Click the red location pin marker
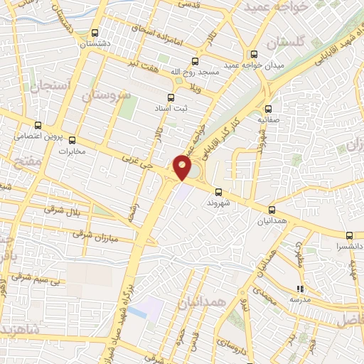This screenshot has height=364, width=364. point(183,166)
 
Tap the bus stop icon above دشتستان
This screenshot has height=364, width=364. point(95,33)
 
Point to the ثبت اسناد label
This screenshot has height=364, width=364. point(170,108)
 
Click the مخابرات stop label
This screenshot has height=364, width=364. point(71,151)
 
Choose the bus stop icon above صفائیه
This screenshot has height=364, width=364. point(268,109)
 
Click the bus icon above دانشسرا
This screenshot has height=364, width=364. point(349,235)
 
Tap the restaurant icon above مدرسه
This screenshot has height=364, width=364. point(299,289)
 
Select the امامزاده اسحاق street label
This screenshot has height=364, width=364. point(157,35)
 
